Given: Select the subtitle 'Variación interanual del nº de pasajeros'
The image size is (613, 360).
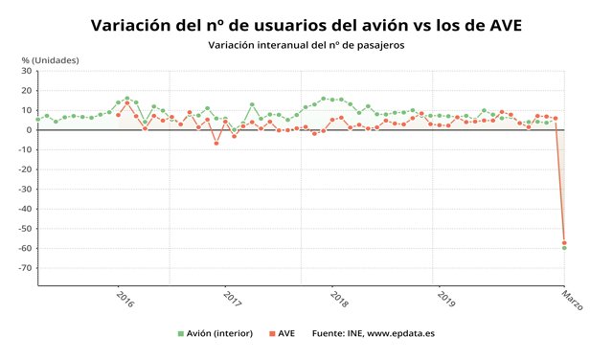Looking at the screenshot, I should click(306, 46).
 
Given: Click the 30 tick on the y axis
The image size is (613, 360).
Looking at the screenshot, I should click(26, 71).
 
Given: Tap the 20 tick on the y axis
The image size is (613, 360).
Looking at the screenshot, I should click(26, 91).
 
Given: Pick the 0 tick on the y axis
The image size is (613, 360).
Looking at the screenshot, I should click(29, 130).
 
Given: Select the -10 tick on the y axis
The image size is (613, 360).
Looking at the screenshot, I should click(25, 149).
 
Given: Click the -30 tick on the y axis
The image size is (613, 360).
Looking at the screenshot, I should click(25, 189).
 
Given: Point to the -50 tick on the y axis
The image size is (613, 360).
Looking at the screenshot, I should click(25, 228).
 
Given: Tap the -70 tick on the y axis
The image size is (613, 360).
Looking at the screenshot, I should click(25, 267).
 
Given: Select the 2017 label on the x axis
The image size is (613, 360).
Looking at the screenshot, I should click(232, 299).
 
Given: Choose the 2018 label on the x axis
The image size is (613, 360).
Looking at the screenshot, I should click(338, 299).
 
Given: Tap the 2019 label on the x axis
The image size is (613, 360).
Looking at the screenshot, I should click(445, 299).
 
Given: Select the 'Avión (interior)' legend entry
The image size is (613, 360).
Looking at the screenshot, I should click(215, 334).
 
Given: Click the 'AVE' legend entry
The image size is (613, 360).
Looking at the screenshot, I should click(284, 334).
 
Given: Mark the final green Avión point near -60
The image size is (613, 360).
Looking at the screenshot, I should click(564, 248).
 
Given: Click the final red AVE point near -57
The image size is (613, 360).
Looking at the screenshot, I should click(564, 242).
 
